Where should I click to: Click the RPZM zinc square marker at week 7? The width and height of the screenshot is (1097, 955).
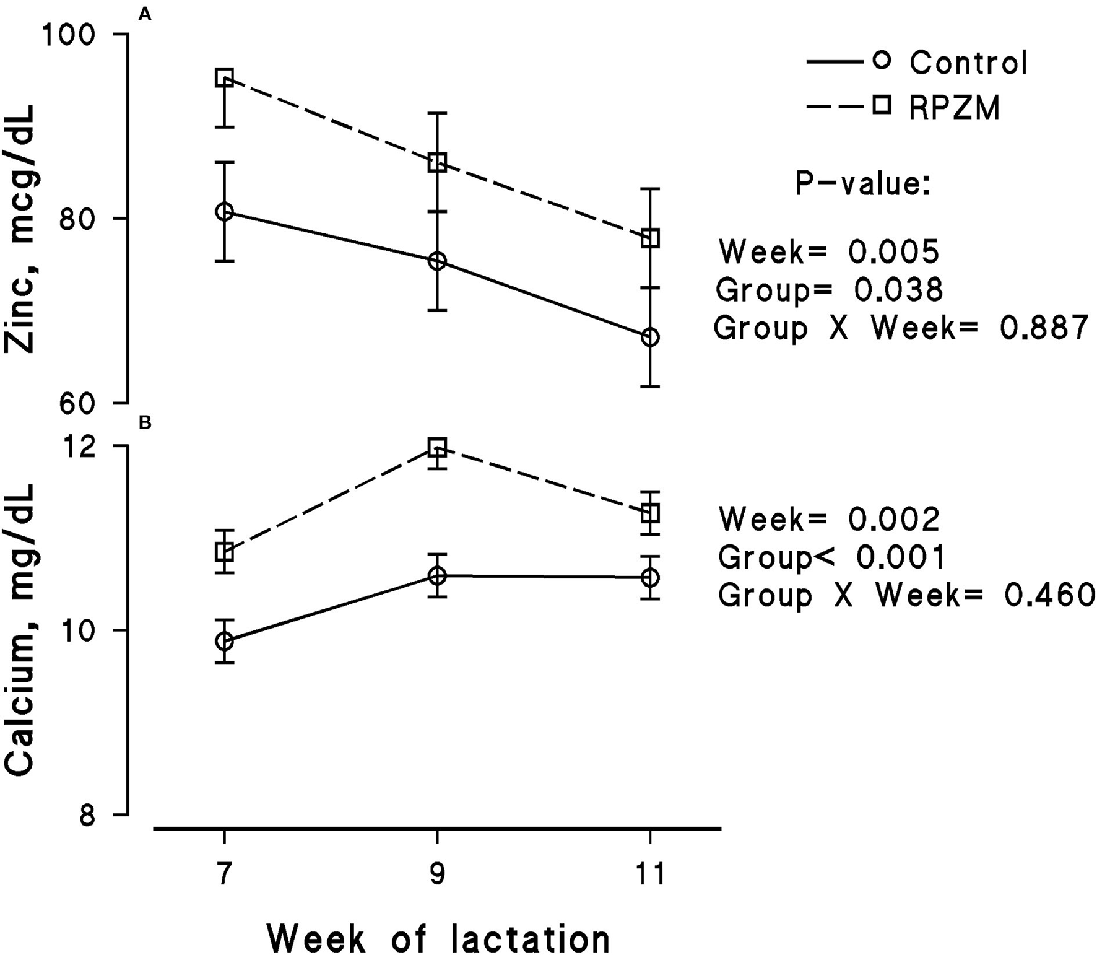[x=224, y=78]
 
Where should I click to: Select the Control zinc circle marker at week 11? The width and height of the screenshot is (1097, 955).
[x=650, y=338]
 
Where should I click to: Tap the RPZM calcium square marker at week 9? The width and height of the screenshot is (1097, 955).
[x=438, y=447]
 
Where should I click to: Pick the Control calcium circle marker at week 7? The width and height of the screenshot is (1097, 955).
[x=224, y=641]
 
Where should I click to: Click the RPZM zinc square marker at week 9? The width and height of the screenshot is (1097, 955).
[x=438, y=164]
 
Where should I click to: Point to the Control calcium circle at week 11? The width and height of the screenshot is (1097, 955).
[x=650, y=578]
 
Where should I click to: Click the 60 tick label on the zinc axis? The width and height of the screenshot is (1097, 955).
[x=76, y=403]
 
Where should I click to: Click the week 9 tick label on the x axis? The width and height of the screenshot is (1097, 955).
[x=437, y=874]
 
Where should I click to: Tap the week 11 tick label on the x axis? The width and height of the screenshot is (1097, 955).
[x=649, y=874]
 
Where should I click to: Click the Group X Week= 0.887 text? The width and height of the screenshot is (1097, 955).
[x=900, y=328]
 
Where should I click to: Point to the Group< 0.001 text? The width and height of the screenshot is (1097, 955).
[x=831, y=557]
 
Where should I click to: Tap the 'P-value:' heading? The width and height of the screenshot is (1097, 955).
[x=863, y=184]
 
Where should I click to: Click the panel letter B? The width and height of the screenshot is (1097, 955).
[x=145, y=423]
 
